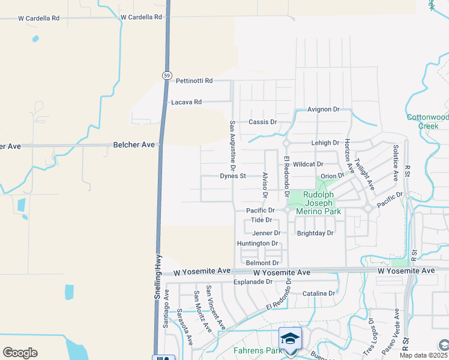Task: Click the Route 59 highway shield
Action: coord(166,75)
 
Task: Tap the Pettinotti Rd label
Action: coord(194,80)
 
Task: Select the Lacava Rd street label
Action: coord(186,102)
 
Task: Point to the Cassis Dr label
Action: coord(262,122)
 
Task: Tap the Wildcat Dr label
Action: coord(309,164)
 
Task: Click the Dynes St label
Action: coord(233,176)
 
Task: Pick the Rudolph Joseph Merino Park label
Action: coord(322,203)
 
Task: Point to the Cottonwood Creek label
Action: coord(427,122)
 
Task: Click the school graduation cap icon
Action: coord(291,338)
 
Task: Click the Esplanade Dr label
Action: coord(253,281)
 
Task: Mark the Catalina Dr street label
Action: coord(319,293)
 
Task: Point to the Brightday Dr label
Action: coord(315,233)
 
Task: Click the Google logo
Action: coord(20,353)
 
